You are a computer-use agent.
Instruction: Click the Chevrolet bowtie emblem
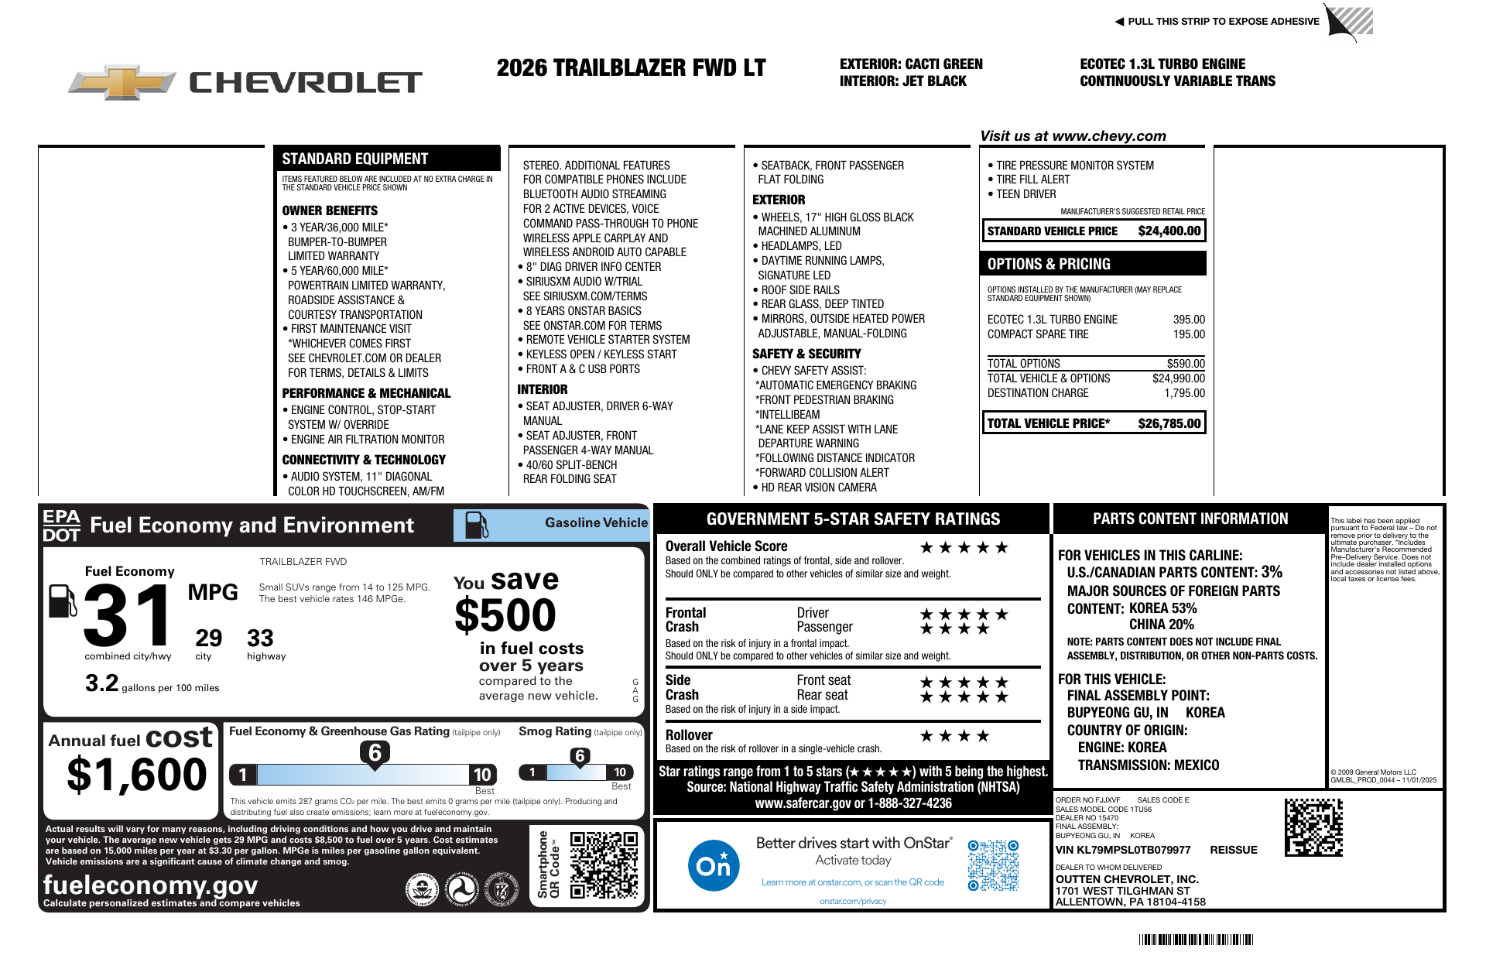[x=122, y=82]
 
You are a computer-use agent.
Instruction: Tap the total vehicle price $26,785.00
[x=1169, y=423]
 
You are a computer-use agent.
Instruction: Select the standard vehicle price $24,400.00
[x=1169, y=231]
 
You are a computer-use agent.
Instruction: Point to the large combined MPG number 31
[x=128, y=615]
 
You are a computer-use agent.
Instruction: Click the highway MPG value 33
[x=260, y=638]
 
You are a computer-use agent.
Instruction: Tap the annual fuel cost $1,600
[x=137, y=775]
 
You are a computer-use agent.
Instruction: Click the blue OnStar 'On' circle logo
[x=713, y=865]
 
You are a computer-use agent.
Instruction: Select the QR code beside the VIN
[x=1313, y=827]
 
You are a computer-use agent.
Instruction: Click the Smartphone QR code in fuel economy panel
[x=604, y=864]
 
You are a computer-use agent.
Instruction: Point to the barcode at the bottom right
[x=1196, y=940]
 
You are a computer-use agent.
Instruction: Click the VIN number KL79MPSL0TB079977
[x=1123, y=850]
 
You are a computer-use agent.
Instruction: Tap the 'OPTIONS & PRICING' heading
[x=1049, y=264]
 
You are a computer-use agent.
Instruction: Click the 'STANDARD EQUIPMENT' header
[x=354, y=159]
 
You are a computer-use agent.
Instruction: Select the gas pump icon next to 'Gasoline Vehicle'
[x=476, y=525]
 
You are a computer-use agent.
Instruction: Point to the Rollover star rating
[x=954, y=736]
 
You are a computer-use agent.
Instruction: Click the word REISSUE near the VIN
[x=1234, y=850]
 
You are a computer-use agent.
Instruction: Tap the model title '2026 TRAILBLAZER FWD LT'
[x=631, y=68]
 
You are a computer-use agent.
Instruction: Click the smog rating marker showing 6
[x=580, y=756]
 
